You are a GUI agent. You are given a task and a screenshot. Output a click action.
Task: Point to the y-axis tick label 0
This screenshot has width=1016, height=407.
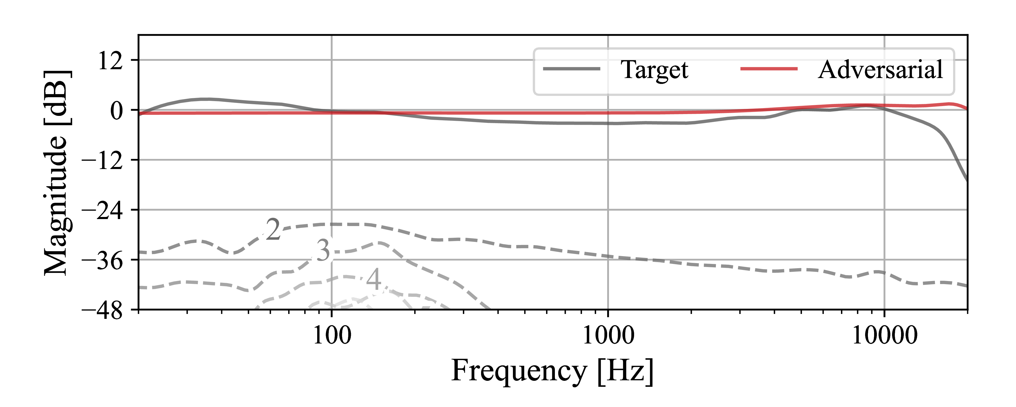point(116,111)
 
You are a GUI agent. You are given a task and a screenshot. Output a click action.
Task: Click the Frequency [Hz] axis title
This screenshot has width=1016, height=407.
point(552,371)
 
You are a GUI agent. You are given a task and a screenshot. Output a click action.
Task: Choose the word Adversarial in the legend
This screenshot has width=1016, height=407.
point(880,70)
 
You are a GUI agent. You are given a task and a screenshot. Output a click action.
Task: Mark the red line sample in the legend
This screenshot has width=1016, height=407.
point(769,69)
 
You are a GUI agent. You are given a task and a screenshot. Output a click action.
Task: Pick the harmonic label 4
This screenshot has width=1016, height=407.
point(373,279)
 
